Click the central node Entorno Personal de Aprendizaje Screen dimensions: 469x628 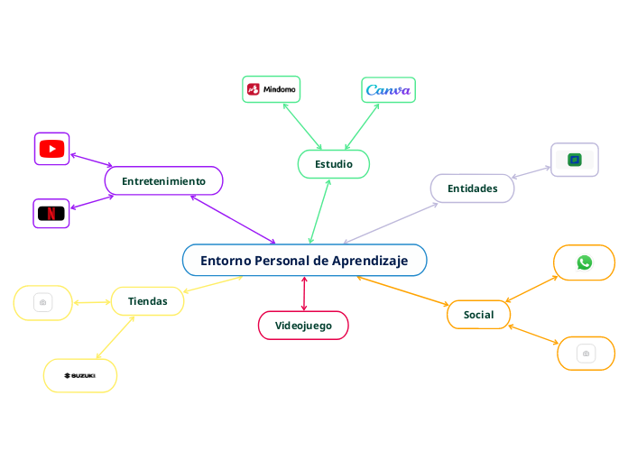[304, 261]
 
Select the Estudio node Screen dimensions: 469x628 [333, 164]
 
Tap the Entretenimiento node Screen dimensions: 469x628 [163, 181]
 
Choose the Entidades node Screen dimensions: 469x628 [472, 189]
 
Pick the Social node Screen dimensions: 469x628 [478, 315]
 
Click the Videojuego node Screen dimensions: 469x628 [303, 325]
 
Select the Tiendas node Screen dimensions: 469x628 [147, 300]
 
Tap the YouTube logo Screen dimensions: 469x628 [51, 149]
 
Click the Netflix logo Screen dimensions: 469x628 [51, 214]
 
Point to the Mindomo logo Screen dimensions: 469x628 [272, 89]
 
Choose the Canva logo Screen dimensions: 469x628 [388, 90]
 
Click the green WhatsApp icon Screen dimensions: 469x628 [584, 262]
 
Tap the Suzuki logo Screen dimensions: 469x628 [79, 375]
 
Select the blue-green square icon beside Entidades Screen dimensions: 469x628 [574, 160]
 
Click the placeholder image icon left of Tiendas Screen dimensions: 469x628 [42, 302]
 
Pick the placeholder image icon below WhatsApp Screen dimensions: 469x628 [586, 353]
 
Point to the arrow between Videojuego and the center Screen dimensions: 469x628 [304, 293]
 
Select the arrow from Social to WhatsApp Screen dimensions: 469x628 [532, 288]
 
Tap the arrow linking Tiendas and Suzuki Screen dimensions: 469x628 [115, 337]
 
